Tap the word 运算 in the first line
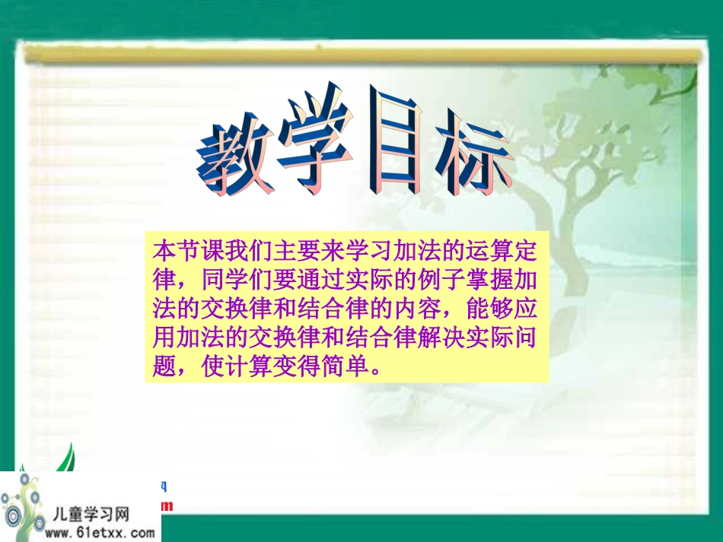coord(478,250)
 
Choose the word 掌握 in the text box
coord(498,280)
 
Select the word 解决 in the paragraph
coord(438,339)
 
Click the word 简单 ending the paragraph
coord(350,368)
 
